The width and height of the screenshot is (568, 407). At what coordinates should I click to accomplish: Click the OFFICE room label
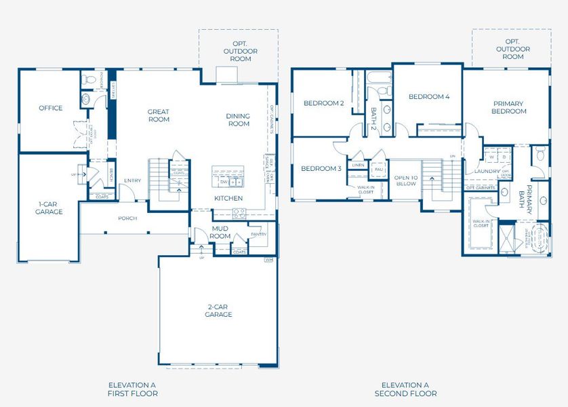point(50,108)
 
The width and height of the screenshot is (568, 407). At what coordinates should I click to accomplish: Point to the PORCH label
point(127,218)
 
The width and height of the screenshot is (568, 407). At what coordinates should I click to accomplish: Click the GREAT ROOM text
point(159,115)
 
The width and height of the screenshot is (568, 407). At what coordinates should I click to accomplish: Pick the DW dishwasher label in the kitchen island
point(224,182)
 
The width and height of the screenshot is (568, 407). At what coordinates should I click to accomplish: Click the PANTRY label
point(258,234)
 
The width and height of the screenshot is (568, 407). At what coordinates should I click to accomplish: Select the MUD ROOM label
point(220,233)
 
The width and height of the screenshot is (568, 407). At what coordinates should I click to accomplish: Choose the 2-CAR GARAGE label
point(220,310)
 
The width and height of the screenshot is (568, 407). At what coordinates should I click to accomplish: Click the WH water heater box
point(268,259)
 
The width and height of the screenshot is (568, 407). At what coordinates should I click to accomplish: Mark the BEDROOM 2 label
point(323,103)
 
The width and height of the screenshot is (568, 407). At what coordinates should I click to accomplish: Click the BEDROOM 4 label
point(428,97)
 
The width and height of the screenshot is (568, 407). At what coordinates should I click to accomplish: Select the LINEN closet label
point(358,165)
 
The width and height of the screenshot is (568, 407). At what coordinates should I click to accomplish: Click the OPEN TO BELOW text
point(405,180)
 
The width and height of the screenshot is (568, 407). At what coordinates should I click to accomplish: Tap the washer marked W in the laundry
point(491,157)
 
